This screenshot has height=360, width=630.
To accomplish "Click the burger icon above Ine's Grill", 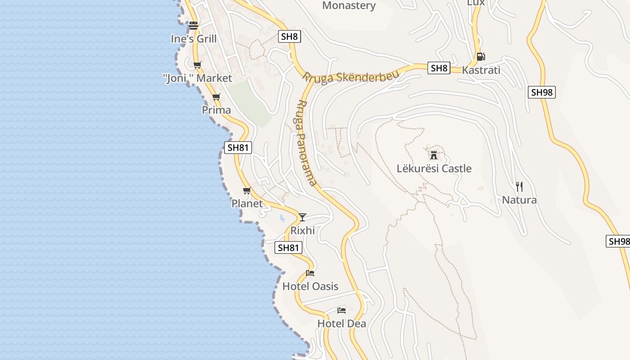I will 193,26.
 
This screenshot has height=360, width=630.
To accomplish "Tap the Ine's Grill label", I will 193,39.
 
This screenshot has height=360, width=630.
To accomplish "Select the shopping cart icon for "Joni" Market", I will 197,65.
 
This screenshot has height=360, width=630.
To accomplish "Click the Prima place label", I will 216,110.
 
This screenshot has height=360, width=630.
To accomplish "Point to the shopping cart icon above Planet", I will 247,191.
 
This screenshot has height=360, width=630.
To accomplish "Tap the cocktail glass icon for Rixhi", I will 302,217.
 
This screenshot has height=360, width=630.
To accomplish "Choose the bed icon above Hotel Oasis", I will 310,273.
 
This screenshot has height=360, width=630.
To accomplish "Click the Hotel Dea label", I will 342,324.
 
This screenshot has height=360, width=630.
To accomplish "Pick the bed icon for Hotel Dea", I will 342,310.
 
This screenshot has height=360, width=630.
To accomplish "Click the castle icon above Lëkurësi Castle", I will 434,155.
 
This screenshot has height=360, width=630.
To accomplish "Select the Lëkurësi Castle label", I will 434,168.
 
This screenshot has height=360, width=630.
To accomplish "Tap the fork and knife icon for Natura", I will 519,187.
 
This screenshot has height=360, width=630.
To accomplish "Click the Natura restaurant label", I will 519,200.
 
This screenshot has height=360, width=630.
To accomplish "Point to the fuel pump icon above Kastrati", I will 481,57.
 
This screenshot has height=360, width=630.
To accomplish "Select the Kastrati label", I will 481,70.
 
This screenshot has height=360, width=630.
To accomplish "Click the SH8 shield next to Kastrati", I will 439,68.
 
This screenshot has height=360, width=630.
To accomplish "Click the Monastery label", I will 349,5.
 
